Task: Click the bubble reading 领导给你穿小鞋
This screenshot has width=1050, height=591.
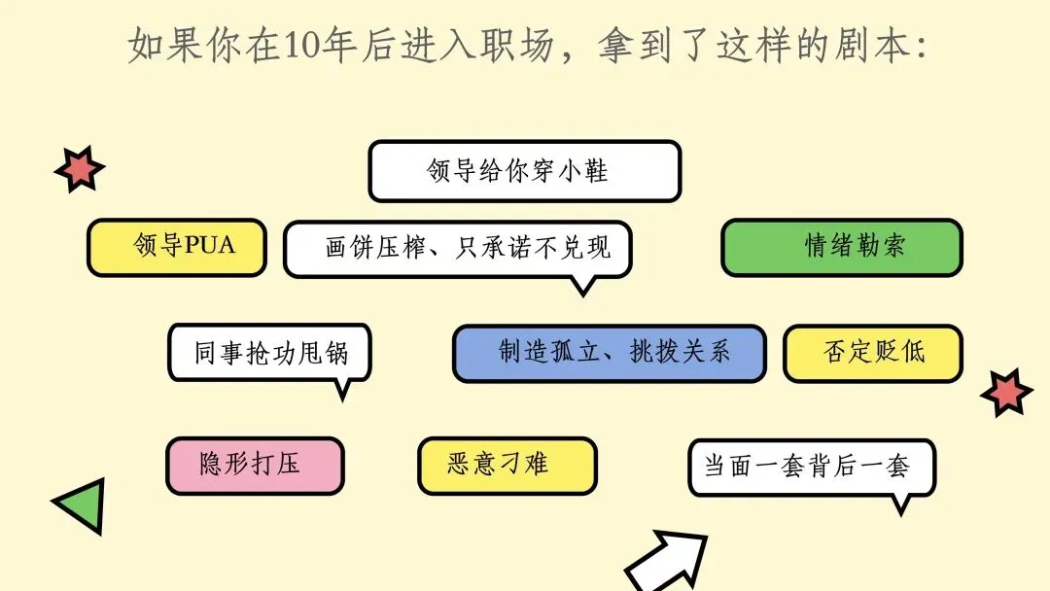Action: pos(524,171)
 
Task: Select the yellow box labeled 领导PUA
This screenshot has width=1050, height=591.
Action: pos(176,247)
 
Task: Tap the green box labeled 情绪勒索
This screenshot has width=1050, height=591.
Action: pos(841,247)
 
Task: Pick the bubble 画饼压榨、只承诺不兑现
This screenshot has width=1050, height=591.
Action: pos(458,248)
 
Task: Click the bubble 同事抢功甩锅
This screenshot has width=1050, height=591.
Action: pos(269,352)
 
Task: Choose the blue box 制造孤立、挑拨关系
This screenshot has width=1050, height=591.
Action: pos(609,353)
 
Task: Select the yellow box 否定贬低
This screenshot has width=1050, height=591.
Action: pos(872,353)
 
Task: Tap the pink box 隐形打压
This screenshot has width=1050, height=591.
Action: pos(255,466)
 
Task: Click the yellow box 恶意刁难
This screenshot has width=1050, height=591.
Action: pos(507,466)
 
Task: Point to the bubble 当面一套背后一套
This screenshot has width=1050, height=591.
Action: pos(812,467)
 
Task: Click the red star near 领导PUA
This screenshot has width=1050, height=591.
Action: pos(79,169)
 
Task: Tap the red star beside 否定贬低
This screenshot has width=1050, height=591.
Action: pos(1006,393)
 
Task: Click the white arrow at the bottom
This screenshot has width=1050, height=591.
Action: pos(665,562)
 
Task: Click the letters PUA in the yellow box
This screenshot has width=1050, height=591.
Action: pos(210,245)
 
